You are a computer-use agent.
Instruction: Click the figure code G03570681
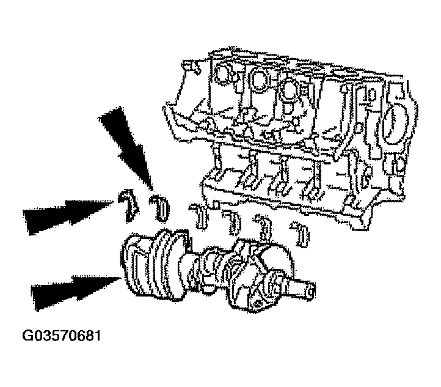point(61,336)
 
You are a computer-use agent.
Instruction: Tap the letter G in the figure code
point(27,336)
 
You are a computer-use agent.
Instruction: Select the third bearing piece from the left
point(199,215)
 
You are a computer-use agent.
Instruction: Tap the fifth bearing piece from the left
point(264,227)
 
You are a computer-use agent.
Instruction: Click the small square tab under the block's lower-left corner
point(216,205)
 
